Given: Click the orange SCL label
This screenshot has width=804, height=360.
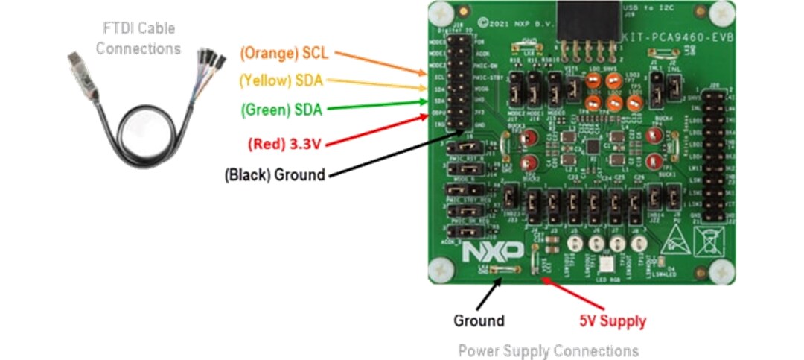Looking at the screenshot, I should (x=284, y=54).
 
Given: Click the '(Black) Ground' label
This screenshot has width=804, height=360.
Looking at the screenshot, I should (x=275, y=175).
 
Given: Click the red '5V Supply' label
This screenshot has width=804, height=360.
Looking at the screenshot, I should (x=613, y=321).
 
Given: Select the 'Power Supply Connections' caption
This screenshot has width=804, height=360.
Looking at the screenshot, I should (x=548, y=350).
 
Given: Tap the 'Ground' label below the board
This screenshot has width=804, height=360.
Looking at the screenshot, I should (x=479, y=321).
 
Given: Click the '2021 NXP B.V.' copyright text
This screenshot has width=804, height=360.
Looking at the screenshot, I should (x=508, y=28).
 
